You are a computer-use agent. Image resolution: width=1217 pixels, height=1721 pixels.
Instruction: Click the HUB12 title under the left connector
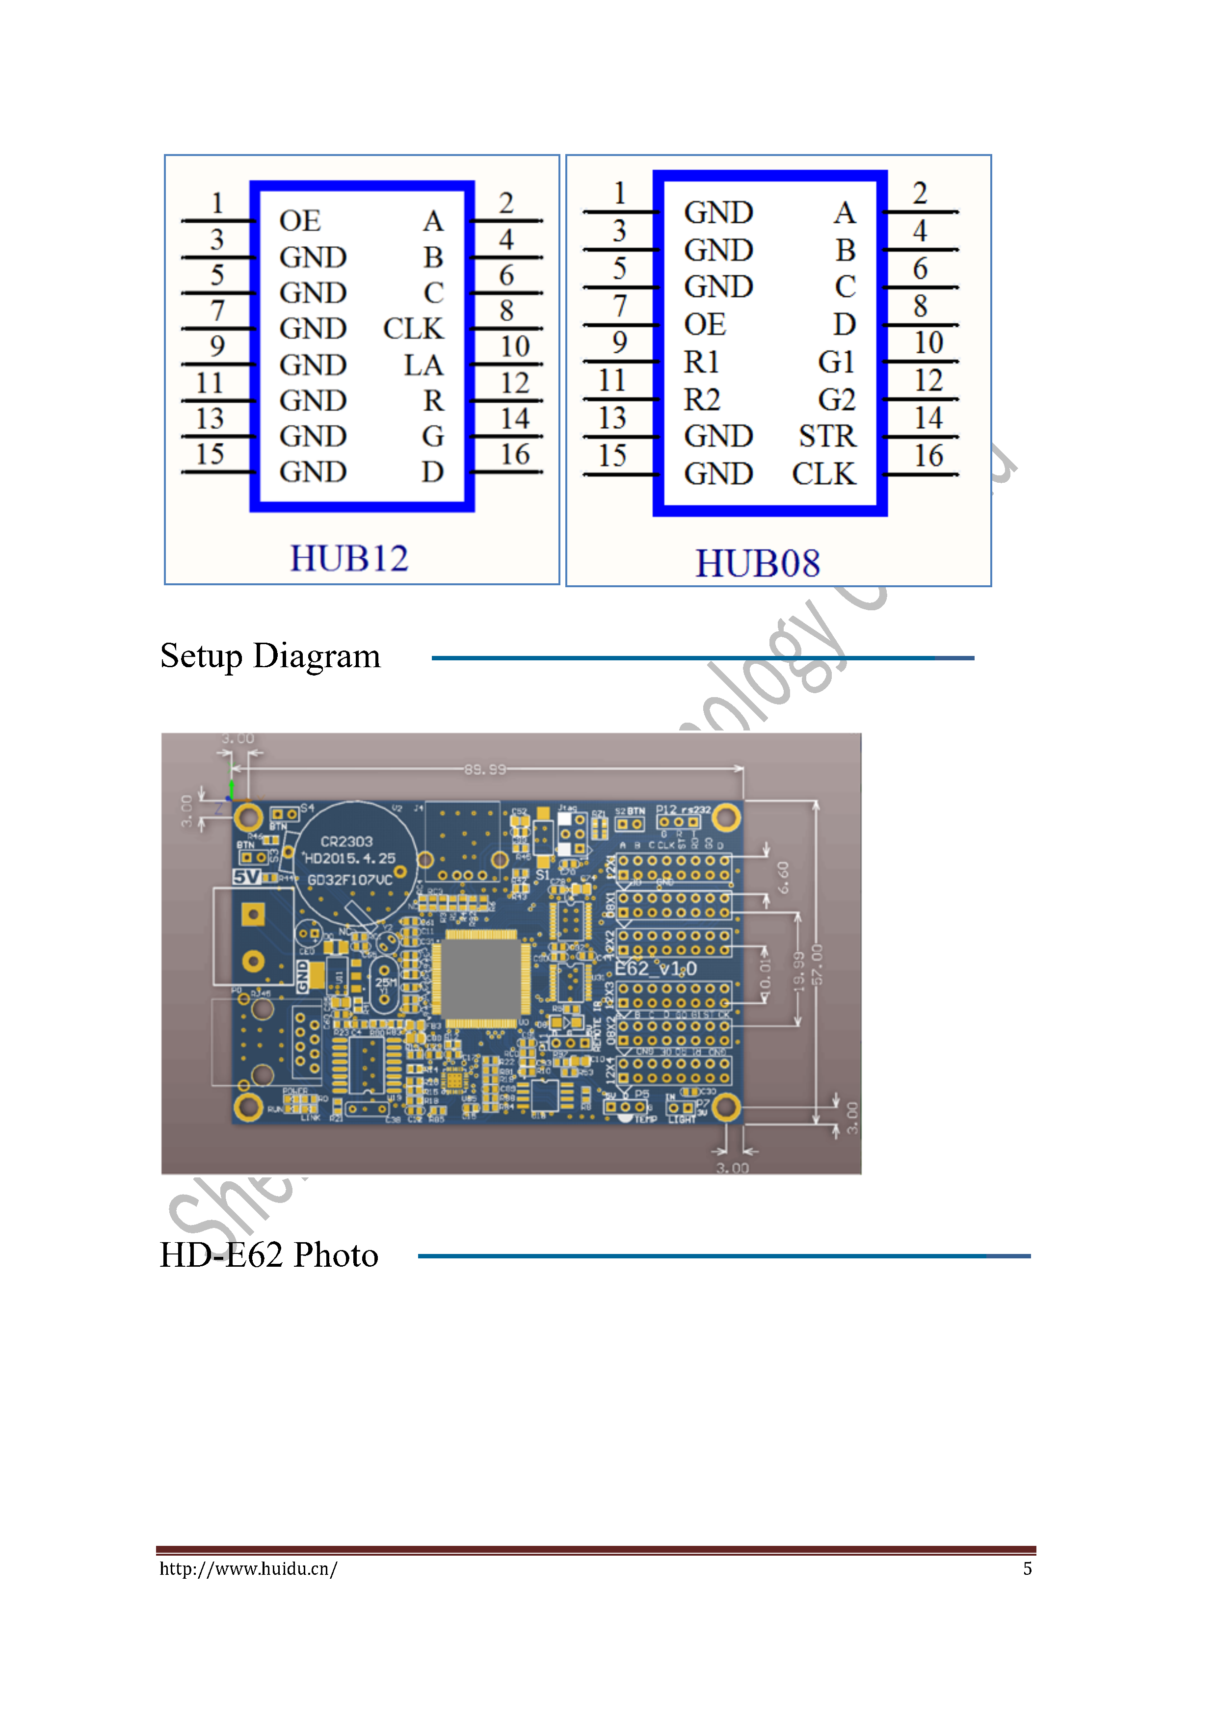[349, 558]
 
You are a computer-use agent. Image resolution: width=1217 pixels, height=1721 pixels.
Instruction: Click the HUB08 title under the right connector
[757, 564]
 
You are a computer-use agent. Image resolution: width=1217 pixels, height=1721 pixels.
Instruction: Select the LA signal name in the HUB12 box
[423, 365]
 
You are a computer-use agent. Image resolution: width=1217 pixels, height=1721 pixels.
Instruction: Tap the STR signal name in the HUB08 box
[826, 436]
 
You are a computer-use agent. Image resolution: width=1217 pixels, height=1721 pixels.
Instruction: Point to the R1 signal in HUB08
[701, 362]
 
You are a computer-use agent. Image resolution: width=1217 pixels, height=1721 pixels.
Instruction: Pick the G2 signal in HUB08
[836, 399]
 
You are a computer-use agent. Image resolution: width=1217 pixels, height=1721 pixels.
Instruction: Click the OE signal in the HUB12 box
[300, 221]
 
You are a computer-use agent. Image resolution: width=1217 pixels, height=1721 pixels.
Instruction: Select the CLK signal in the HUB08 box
[823, 474]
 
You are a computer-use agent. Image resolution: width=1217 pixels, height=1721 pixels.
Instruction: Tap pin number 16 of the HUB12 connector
[515, 454]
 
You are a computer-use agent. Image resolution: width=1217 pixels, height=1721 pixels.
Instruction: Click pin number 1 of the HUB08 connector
[619, 193]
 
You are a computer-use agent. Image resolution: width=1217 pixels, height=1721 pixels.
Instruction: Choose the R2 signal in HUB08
[702, 399]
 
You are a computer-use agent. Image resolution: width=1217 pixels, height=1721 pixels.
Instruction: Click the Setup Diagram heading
[270, 656]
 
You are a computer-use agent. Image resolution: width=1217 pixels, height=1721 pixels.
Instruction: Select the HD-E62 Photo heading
[268, 1255]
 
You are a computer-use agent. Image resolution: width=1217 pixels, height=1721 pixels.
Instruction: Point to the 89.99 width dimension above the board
[485, 769]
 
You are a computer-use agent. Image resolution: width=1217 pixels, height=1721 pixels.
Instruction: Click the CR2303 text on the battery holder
[346, 842]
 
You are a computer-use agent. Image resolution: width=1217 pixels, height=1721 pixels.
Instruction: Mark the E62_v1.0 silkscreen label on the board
[656, 968]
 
